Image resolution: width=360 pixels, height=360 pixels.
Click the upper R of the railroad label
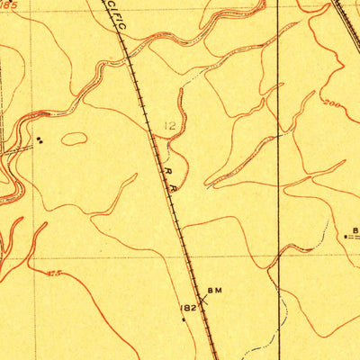(166, 167)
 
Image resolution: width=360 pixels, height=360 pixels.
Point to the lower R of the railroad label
(173, 189)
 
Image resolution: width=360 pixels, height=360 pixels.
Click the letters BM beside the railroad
(214, 290)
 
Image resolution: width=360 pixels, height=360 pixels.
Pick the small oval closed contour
(74, 139)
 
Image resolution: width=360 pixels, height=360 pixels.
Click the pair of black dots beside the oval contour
(40, 139)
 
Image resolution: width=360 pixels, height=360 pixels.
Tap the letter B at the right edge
(355, 229)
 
